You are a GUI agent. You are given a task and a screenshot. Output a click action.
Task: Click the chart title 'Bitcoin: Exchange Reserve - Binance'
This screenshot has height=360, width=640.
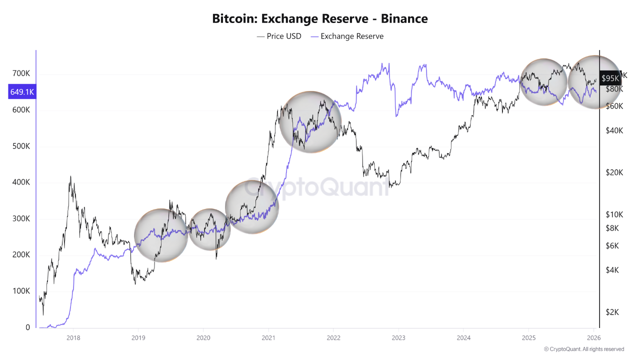point(320,19)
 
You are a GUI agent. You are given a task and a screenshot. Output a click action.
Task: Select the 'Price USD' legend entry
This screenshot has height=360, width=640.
point(279,36)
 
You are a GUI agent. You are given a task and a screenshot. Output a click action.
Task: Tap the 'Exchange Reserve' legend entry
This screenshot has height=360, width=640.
point(347,36)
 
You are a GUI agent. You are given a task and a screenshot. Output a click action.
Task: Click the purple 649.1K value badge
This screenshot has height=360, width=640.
point(22,92)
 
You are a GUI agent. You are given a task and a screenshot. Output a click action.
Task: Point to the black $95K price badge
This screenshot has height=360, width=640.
point(610,78)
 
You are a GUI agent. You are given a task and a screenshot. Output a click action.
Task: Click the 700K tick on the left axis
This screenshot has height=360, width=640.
point(21,73)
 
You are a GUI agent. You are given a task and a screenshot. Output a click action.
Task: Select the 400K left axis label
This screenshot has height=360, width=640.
point(21,182)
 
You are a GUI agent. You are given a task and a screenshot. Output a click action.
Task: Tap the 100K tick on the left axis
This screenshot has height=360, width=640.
point(21,291)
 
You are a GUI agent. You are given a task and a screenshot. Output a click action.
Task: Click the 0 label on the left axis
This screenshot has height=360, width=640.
point(28,327)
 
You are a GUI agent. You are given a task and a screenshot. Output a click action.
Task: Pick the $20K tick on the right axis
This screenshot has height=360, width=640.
point(614,172)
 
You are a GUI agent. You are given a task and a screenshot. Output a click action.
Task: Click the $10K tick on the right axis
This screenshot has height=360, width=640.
point(614,214)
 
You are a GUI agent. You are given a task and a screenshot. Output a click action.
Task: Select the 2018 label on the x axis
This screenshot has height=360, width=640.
point(73,337)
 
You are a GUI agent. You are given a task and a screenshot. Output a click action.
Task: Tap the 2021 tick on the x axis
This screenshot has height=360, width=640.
point(268,337)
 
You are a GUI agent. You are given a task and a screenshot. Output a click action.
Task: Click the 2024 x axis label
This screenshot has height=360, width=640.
point(463,337)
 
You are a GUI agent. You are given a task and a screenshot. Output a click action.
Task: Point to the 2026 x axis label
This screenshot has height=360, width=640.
point(593,337)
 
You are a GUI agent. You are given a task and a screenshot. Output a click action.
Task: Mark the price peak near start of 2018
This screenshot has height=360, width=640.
point(70,176)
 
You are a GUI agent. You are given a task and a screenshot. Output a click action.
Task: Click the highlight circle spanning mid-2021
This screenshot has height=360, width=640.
point(310,122)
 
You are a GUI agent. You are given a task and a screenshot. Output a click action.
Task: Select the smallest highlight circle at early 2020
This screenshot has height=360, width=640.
point(209,229)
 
